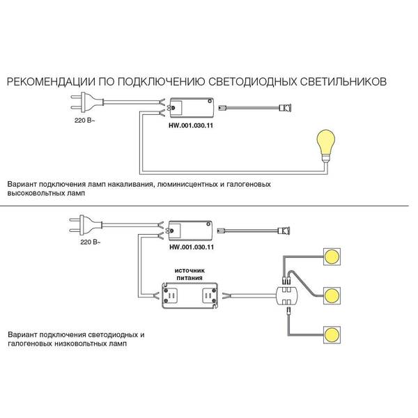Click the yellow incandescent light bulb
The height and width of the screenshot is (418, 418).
(x=325, y=146)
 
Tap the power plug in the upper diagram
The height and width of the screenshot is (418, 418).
(x=86, y=102)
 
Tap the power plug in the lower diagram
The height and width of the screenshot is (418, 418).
(x=86, y=225)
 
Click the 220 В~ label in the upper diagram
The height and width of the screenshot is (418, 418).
(x=85, y=121)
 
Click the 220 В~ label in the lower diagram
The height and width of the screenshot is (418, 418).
(x=91, y=242)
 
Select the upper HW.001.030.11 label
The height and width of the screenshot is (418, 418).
(x=191, y=125)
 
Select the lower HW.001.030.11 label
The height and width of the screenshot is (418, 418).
(x=192, y=247)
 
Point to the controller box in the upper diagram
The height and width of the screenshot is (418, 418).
(x=191, y=107)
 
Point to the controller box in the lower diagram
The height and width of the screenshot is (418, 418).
(x=189, y=230)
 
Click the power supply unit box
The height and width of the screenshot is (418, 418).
(x=189, y=295)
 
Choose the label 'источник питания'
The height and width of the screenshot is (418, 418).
(x=189, y=274)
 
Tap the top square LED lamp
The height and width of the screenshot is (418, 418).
(x=332, y=256)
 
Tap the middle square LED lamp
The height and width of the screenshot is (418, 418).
(x=332, y=295)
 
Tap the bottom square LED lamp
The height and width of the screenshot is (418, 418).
(x=332, y=334)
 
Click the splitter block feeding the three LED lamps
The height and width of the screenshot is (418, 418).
(x=286, y=295)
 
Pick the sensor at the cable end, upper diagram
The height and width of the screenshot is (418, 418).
(x=285, y=107)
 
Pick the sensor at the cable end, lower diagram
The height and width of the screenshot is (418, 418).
(x=284, y=231)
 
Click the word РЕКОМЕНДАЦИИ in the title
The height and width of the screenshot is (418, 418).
(x=51, y=82)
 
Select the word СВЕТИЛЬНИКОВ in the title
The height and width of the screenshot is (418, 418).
(x=343, y=82)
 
